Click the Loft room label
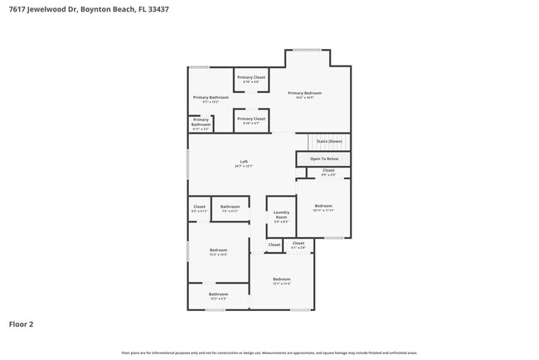(x=244, y=163)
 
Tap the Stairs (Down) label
(x=328, y=141)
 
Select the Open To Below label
(x=323, y=158)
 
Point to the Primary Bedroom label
(x=304, y=95)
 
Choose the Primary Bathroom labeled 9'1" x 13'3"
(x=211, y=99)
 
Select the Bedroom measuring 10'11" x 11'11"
(x=323, y=207)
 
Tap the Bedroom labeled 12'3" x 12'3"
(x=218, y=251)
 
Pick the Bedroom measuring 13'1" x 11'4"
(x=281, y=280)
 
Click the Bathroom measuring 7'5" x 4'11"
(x=230, y=208)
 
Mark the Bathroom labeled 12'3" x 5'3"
(x=218, y=295)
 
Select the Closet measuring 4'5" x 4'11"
(x=199, y=208)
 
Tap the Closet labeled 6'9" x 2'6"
(x=328, y=172)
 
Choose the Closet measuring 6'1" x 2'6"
(x=298, y=245)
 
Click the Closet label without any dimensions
(x=274, y=245)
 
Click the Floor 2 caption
(x=22, y=324)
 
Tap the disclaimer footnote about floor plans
(x=269, y=352)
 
